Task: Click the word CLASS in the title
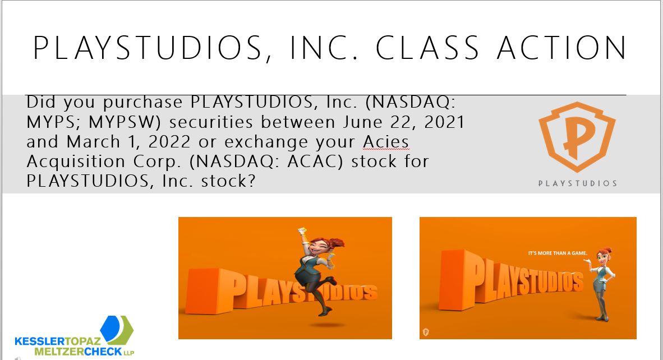click(x=427, y=47)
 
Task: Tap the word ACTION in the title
click(x=562, y=47)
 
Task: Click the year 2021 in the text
click(x=444, y=122)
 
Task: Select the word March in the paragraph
click(x=94, y=142)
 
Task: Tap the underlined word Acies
click(x=386, y=142)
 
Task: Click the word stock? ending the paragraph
click(x=228, y=181)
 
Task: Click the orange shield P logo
click(x=577, y=136)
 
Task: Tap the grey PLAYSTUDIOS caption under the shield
click(x=578, y=183)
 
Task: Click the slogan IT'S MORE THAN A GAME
click(x=558, y=253)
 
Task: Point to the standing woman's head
click(x=604, y=256)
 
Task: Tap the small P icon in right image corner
click(x=426, y=332)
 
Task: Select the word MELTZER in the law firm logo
click(x=59, y=352)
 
